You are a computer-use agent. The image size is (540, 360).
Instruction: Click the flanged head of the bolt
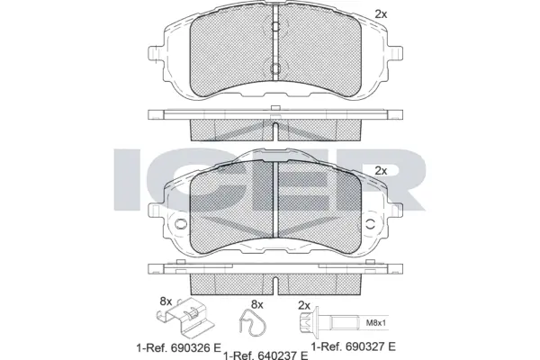pos(307,321)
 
